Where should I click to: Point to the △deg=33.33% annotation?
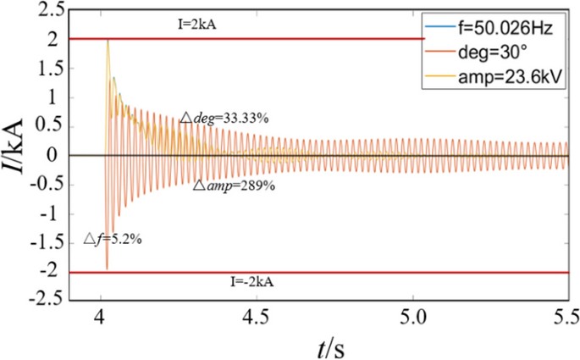pyautogui.click(x=224, y=118)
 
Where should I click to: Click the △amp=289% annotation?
pyautogui.click(x=226, y=186)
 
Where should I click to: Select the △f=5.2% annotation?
pyautogui.click(x=112, y=240)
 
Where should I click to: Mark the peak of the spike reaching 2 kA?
pyautogui.click(x=108, y=41)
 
